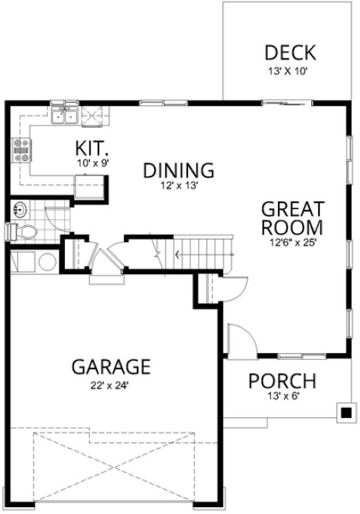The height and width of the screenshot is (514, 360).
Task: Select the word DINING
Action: point(178,170)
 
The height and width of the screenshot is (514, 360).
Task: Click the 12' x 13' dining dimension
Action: point(178,186)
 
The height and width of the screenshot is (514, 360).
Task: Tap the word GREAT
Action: point(291,209)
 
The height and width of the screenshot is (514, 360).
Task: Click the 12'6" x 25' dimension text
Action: point(290,242)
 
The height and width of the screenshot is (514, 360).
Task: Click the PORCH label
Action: point(282,381)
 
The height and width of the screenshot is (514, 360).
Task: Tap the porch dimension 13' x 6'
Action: point(282,397)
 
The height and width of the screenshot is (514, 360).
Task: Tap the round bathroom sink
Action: point(21,208)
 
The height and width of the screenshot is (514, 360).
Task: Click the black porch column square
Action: point(344,411)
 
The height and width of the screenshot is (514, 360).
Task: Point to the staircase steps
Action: point(201,252)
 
